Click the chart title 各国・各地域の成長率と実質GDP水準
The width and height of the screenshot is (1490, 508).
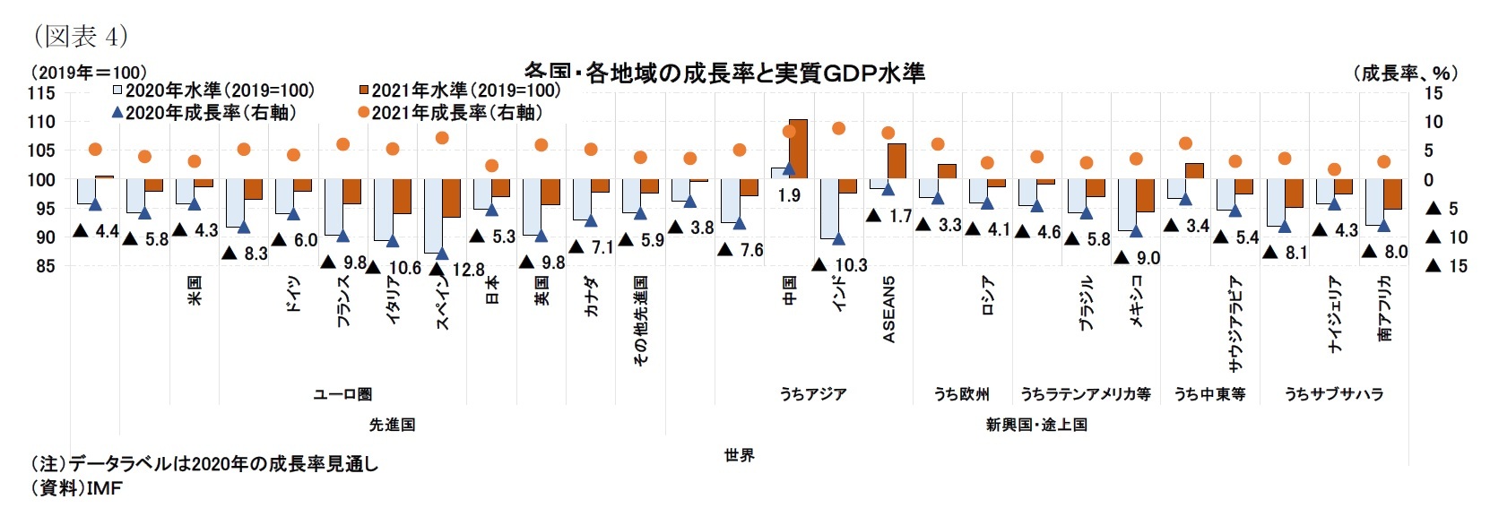click(x=724, y=73)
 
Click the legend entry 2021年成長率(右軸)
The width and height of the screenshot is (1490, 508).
click(x=448, y=112)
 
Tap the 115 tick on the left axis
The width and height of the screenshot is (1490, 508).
click(x=41, y=93)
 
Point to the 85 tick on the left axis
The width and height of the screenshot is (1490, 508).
click(x=45, y=266)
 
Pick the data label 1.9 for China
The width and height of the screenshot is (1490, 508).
click(x=789, y=195)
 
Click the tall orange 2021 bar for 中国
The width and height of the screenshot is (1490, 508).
click(x=798, y=149)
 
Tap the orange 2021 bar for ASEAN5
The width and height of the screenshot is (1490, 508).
click(x=897, y=161)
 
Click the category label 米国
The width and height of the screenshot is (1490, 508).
click(x=195, y=290)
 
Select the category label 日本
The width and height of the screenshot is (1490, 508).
click(x=491, y=290)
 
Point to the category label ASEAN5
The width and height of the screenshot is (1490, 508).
click(x=889, y=309)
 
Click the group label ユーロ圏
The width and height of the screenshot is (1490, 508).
click(x=342, y=394)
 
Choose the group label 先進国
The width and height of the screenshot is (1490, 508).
click(x=392, y=424)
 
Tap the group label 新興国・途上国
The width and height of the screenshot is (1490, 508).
click(x=1035, y=424)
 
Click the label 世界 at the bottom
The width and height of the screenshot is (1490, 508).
click(x=739, y=455)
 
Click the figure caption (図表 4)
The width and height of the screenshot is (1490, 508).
click(x=80, y=36)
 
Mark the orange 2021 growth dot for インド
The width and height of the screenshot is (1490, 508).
click(x=839, y=128)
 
